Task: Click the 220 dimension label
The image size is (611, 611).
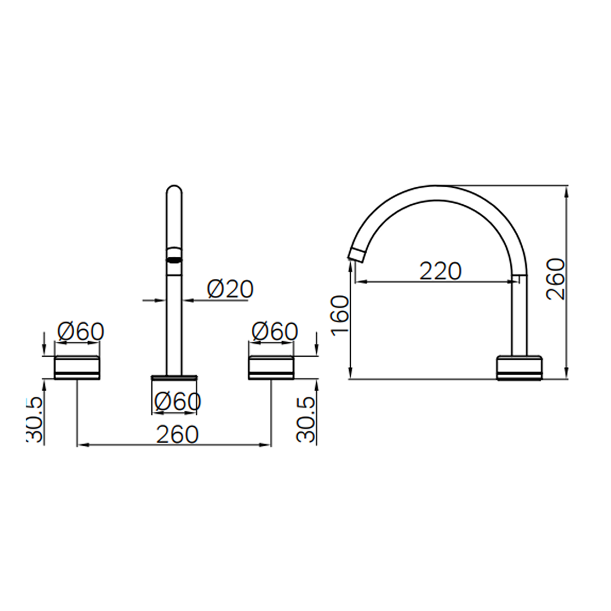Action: (440, 271)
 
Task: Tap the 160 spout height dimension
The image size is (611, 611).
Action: (340, 314)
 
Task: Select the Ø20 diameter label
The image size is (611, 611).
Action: (230, 289)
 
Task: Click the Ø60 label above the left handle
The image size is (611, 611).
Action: (81, 332)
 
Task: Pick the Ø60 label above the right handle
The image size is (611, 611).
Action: (275, 332)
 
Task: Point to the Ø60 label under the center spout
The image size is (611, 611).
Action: (178, 401)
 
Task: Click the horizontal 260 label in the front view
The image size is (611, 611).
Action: (177, 434)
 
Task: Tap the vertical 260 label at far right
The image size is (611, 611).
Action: (556, 279)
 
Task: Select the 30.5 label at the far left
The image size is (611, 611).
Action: (35, 420)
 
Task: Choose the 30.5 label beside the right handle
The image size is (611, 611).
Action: (305, 420)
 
